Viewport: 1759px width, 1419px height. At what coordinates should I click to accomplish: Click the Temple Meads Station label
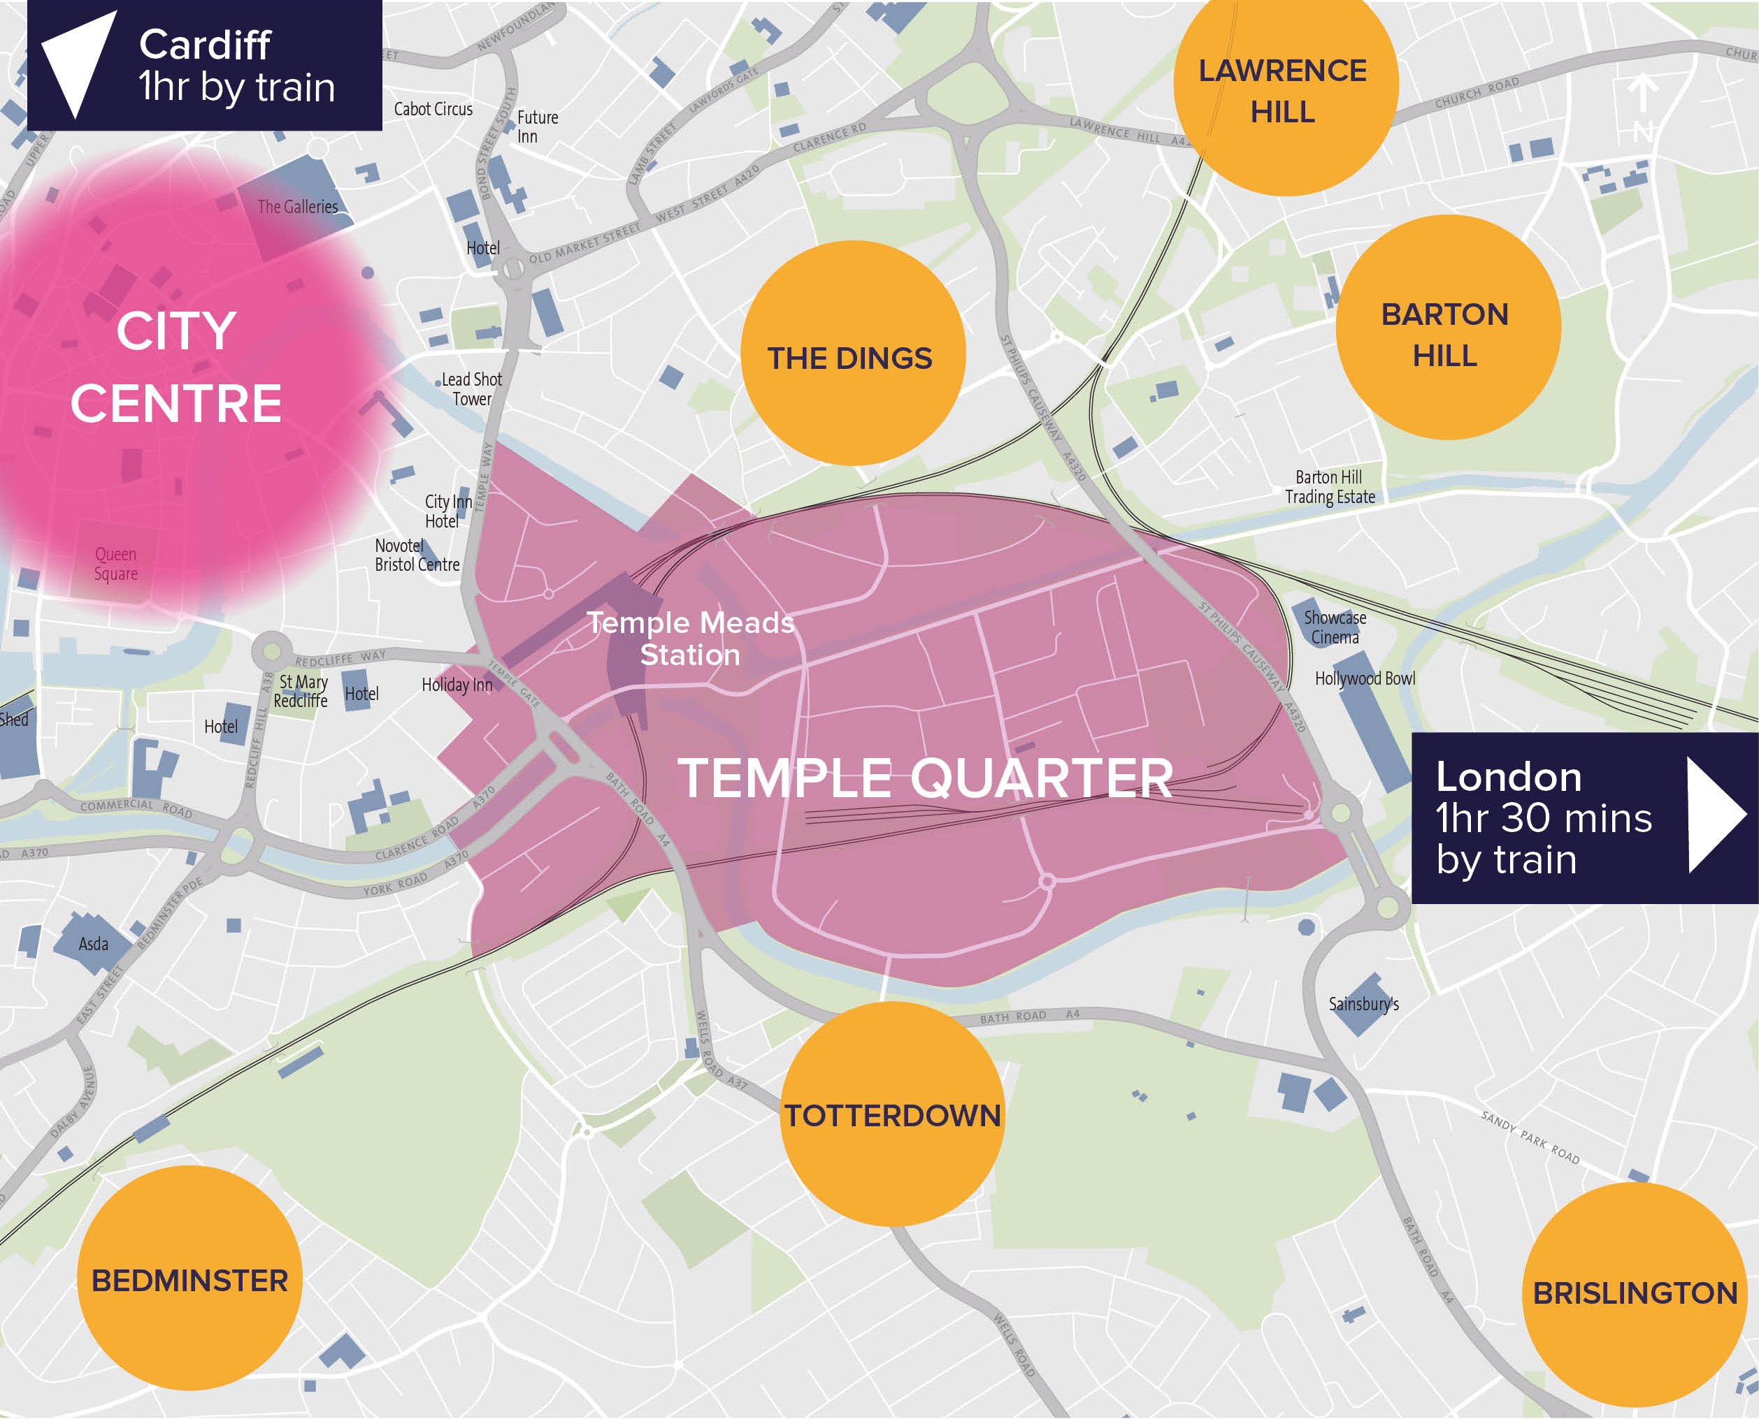pyautogui.click(x=690, y=639)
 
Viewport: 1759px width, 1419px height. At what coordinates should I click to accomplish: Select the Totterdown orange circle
pyautogui.click(x=892, y=1113)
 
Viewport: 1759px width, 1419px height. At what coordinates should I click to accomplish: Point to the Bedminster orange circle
pyautogui.click(x=189, y=1278)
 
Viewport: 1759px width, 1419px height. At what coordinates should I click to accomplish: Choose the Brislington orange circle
pyautogui.click(x=1634, y=1293)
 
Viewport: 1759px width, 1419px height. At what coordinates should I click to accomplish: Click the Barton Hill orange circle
pyautogui.click(x=1447, y=328)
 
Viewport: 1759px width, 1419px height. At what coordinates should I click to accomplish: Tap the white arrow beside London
pyautogui.click(x=1714, y=815)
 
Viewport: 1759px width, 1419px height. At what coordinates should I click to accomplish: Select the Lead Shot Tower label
pyautogui.click(x=472, y=389)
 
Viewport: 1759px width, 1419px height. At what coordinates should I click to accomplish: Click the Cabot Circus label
pyautogui.click(x=433, y=109)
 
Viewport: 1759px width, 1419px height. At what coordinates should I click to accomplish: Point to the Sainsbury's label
pyautogui.click(x=1363, y=1004)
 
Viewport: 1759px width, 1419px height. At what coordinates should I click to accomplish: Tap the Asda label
pyautogui.click(x=93, y=944)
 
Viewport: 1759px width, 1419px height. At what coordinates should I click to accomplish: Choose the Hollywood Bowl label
pyautogui.click(x=1364, y=678)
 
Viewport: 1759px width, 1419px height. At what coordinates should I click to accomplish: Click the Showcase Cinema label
pyautogui.click(x=1335, y=627)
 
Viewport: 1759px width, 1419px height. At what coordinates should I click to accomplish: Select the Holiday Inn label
pyautogui.click(x=457, y=685)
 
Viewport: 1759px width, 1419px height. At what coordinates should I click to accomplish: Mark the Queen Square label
pyautogui.click(x=115, y=563)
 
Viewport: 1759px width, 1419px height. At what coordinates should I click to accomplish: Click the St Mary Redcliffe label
pyautogui.click(x=301, y=691)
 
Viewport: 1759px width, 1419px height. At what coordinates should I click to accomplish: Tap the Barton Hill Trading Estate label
pyautogui.click(x=1330, y=486)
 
